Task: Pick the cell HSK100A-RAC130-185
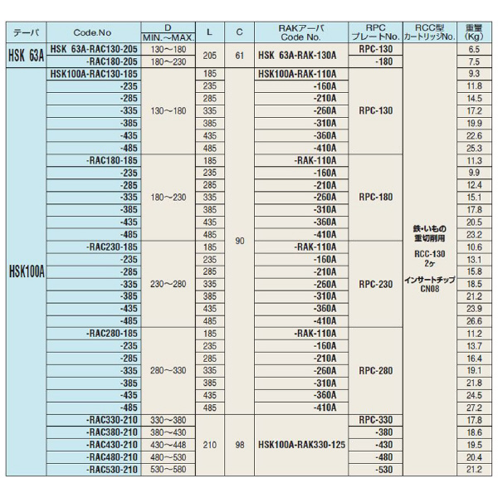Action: [94, 73]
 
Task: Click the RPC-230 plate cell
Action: [376, 283]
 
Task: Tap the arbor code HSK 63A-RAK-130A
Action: [297, 56]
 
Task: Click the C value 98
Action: [239, 444]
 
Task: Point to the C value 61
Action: [239, 56]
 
